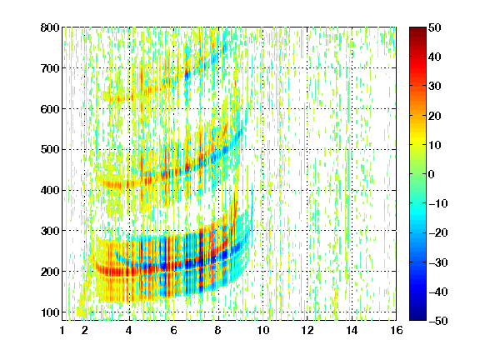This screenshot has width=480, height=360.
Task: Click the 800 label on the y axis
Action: (50, 27)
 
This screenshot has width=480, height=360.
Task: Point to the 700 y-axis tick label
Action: (50, 68)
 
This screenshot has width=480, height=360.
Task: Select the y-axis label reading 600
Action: (50, 109)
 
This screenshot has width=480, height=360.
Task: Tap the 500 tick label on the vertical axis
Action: (50, 150)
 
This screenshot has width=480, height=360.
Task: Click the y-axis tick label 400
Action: (50, 190)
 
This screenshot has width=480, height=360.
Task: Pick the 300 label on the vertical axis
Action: (50, 231)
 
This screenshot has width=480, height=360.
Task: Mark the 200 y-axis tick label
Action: (50, 272)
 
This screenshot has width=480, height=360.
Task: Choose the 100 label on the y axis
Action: (50, 312)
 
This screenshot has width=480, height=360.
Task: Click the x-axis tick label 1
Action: (62, 330)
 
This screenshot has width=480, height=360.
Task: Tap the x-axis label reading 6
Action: (173, 330)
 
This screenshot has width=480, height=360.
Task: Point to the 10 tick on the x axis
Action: (262, 330)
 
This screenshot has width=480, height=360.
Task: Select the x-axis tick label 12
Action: (307, 330)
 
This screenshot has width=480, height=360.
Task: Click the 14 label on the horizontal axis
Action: (352, 330)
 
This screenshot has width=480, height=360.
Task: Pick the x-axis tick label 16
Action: (396, 330)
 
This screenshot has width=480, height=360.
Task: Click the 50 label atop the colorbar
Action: (434, 27)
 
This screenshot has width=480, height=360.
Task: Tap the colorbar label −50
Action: (437, 321)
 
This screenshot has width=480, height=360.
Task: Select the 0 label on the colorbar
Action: (431, 174)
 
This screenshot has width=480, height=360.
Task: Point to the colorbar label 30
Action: (434, 87)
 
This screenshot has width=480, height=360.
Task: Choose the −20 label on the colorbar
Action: (437, 232)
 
